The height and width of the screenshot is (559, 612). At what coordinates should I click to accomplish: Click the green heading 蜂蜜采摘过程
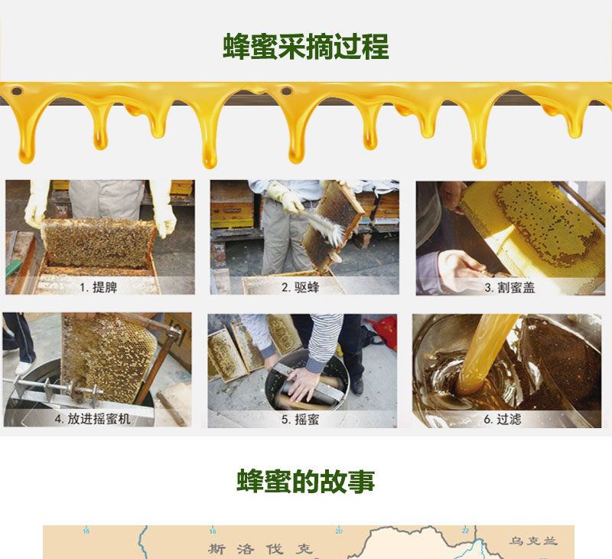305,47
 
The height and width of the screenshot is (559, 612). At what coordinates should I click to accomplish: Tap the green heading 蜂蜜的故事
305,481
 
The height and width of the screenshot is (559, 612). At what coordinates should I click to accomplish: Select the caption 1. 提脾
99,287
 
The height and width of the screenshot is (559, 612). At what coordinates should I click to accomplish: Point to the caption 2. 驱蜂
300,287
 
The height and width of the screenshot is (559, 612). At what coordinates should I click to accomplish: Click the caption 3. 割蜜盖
509,288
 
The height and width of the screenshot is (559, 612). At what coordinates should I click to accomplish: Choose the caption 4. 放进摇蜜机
93,419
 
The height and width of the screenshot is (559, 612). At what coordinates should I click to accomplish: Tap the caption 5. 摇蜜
300,420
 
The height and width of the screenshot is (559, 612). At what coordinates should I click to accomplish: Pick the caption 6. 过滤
503,420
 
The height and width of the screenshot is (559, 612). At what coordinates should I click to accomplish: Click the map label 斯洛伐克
261,549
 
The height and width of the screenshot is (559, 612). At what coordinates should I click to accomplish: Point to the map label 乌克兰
533,541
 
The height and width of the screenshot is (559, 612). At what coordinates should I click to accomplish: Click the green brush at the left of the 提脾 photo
13,268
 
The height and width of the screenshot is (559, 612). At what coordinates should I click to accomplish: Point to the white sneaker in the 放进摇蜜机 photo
23,368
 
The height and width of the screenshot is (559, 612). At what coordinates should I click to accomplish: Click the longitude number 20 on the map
338,531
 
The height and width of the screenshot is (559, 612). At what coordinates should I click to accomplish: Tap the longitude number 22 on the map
465,531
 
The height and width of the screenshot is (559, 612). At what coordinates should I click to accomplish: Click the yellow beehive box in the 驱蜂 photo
233,211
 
